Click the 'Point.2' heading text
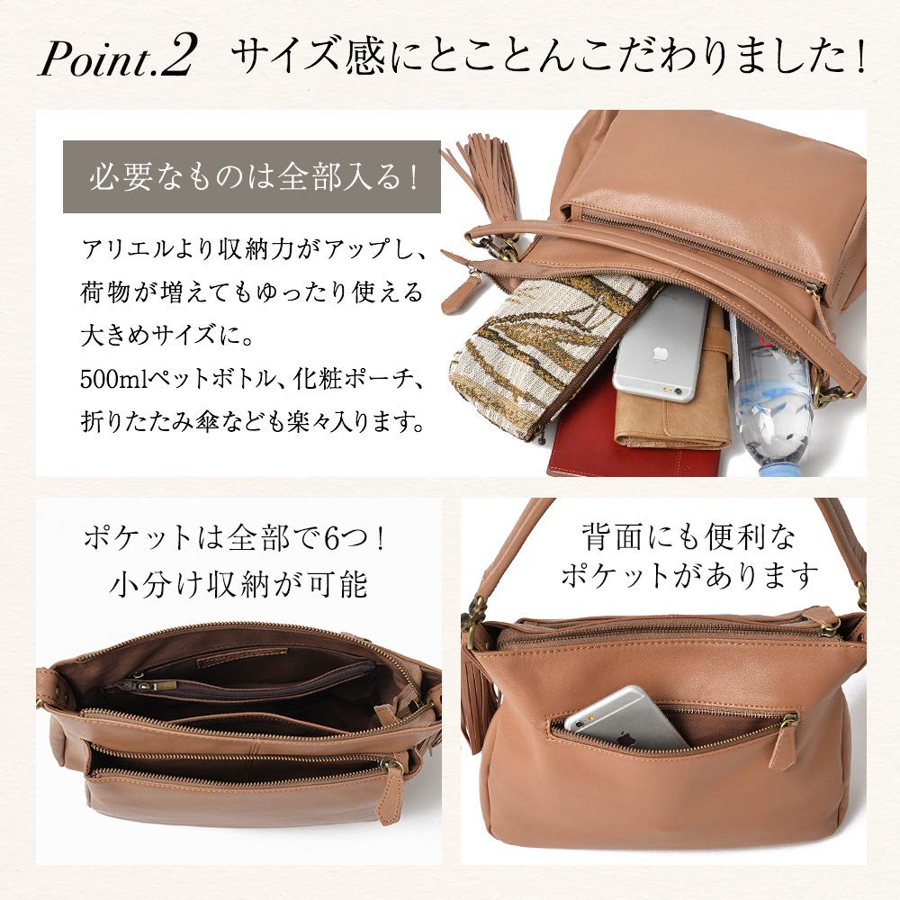tap(117, 58)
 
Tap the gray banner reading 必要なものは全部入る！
tap(252, 176)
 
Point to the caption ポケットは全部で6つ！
tap(238, 542)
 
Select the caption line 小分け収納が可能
tap(238, 585)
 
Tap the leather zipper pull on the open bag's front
tap(393, 792)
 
